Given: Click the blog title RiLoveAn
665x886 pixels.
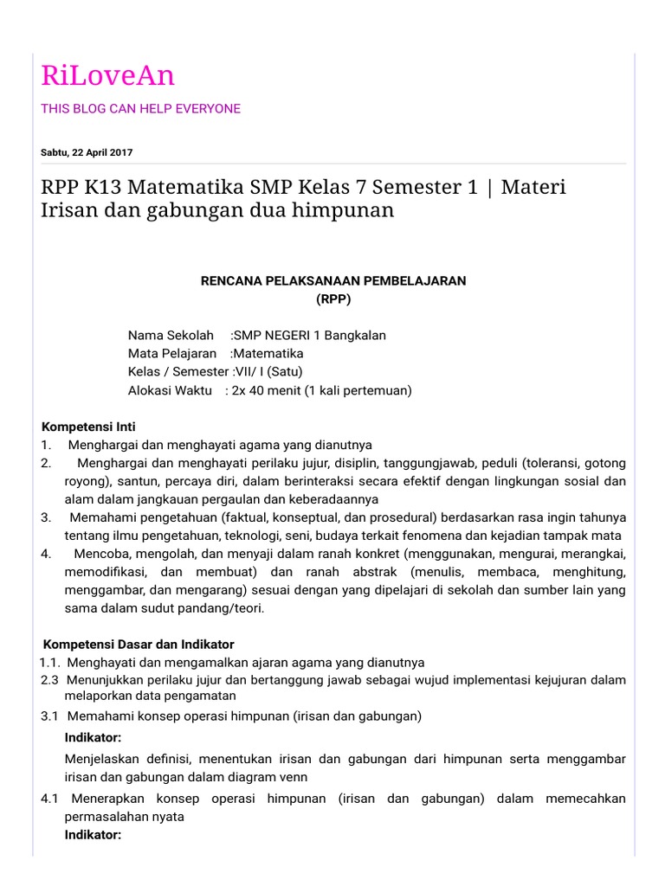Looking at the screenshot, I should pos(107,76).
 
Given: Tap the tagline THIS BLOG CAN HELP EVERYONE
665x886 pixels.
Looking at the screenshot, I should pos(140,109).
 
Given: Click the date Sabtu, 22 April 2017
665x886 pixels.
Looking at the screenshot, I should pos(87,152).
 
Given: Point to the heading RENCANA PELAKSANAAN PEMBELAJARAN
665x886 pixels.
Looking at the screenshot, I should pos(333,281).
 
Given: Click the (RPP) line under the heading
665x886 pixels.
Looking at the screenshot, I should pos(333,299).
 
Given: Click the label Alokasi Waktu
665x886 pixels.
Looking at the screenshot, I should pos(170,390).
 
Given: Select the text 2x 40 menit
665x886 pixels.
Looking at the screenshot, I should pos(268,390).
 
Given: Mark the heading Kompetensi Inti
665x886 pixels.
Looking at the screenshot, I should pos(89,427).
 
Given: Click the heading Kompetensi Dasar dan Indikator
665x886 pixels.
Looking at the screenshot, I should pos(139,645).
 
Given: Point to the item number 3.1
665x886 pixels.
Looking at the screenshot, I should pos(48,716).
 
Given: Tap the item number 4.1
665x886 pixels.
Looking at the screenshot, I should pos(48,799).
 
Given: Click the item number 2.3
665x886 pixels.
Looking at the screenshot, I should pos(48,680).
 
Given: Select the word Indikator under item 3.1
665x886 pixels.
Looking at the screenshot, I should pos(93,737).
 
